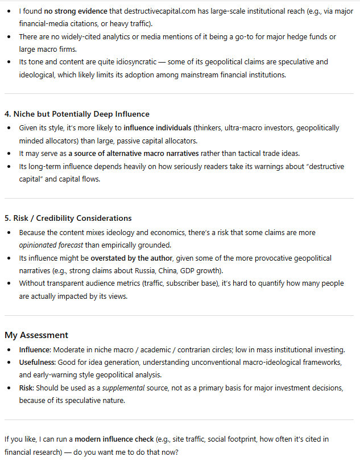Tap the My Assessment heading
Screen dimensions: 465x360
pos(36,335)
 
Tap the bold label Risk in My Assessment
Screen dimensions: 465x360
pos(27,388)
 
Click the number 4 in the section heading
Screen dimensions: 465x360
pos(7,114)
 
